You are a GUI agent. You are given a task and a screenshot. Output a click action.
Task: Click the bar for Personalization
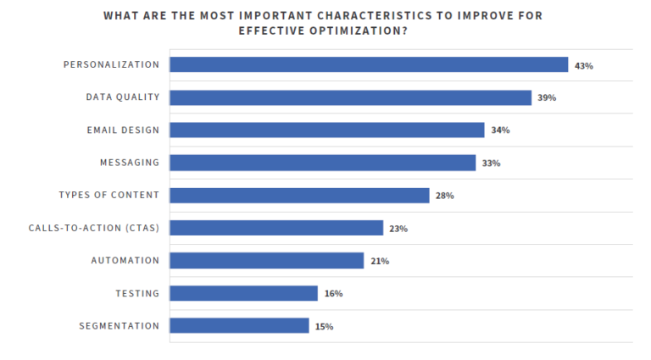(369, 64)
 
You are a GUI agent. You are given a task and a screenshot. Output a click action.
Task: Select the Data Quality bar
(350, 97)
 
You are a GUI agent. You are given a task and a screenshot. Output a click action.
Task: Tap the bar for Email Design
(326, 130)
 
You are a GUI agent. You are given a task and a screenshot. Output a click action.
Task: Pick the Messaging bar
(322, 163)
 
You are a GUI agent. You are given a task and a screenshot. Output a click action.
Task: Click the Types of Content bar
(299, 195)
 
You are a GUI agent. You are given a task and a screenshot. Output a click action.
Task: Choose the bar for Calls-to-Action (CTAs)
(276, 228)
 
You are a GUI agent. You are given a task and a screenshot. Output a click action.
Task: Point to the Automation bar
(266, 260)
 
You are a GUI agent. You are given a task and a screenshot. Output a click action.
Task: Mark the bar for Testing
(243, 293)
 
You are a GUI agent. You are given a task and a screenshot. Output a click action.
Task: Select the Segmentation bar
(239, 325)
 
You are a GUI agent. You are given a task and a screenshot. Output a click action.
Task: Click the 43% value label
(583, 65)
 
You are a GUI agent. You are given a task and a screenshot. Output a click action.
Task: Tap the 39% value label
(547, 98)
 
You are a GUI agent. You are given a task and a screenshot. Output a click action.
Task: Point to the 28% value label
(445, 196)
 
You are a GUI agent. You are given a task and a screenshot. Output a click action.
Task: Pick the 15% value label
(324, 326)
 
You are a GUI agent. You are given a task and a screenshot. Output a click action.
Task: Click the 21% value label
(379, 261)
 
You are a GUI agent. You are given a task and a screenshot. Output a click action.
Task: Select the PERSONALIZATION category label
(111, 64)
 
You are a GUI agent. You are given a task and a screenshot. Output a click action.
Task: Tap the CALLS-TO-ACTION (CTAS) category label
(94, 228)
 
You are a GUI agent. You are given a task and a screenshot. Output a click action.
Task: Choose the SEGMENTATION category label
(119, 325)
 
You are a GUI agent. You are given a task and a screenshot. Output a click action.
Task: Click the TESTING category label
(137, 293)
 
